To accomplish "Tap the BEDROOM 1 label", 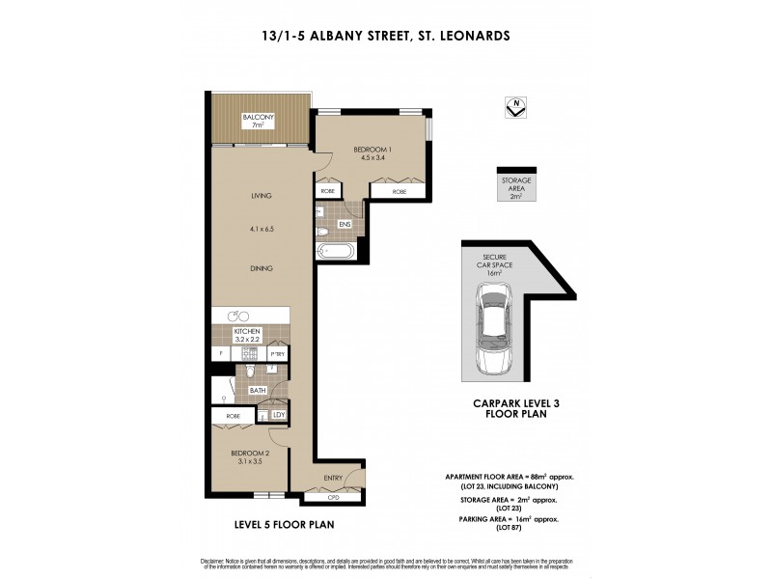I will point(372,151).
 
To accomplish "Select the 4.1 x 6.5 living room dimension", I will point(262,230).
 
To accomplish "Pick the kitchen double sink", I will point(236,316).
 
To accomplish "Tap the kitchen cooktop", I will point(249,354).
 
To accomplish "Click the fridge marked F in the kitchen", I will point(221,354).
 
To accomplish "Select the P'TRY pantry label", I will point(276,354).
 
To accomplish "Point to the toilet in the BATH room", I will point(250,372).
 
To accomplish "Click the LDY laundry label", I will point(279,415).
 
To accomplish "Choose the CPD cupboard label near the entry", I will point(334,498).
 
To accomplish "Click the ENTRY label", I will point(334,478).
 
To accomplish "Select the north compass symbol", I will point(517,108).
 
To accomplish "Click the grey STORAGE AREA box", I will point(516,188).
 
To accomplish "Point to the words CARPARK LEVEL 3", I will point(509,405).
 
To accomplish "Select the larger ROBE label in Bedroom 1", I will point(400,192).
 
